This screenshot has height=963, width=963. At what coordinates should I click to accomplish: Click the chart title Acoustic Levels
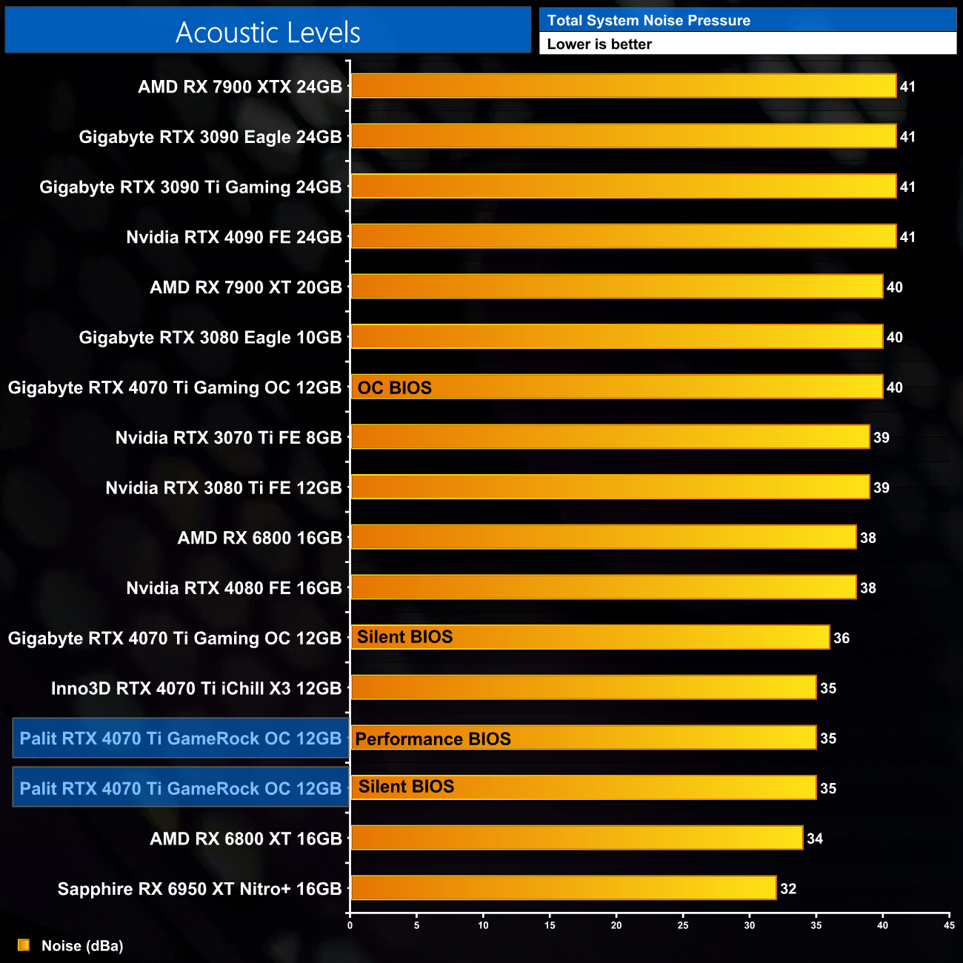point(267,33)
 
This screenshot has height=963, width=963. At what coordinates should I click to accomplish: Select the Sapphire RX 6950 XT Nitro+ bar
point(563,887)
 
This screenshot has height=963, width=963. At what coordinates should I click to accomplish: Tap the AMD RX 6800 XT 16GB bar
point(576,838)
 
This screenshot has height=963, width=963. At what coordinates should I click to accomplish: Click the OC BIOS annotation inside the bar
point(394,387)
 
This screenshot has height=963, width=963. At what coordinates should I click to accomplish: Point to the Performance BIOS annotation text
point(433,739)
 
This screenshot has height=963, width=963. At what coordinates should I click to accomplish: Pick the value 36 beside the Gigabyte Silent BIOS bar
point(842,638)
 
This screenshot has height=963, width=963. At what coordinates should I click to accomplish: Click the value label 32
point(788,888)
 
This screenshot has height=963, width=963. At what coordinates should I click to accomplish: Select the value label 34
point(815,839)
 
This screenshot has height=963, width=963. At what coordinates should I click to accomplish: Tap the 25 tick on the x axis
point(683,925)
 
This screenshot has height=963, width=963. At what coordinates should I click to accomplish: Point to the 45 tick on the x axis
point(949,925)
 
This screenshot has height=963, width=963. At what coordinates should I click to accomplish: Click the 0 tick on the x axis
point(350,925)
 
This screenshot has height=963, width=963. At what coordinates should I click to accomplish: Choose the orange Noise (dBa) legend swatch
point(24,945)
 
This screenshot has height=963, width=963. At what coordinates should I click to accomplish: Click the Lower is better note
point(599,44)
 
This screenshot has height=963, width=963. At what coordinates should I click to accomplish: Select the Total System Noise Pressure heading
point(648,21)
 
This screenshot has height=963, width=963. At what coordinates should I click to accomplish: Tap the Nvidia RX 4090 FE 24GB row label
point(234,237)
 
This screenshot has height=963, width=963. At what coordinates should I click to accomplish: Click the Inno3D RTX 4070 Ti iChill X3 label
point(196,688)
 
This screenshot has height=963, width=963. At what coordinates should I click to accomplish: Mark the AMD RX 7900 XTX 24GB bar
point(623,86)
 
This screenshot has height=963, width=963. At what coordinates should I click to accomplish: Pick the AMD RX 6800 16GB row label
point(260,538)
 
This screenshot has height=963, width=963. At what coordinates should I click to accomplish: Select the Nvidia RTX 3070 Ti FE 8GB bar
point(610,437)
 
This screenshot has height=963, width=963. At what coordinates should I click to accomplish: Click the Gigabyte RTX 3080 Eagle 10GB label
point(210,337)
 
